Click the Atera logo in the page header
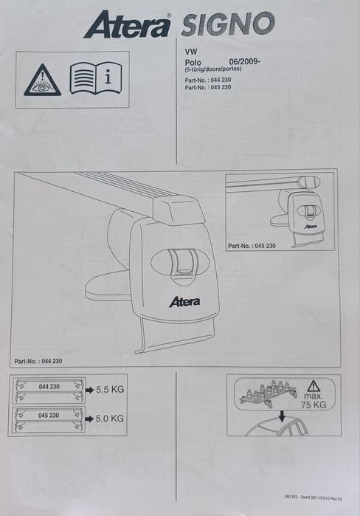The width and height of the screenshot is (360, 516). point(127,24)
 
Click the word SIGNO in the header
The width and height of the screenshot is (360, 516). point(228,24)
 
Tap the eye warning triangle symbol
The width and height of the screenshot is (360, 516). point(42,80)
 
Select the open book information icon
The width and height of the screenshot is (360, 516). point(96,78)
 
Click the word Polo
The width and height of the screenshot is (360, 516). point(193,62)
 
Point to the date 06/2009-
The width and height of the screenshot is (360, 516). point(245,61)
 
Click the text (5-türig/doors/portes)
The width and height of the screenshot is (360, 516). point(213,69)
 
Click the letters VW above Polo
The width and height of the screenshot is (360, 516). point(191,52)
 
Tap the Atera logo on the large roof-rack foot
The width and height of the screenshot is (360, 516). point(184,302)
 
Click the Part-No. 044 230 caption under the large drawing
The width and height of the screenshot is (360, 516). point(38,361)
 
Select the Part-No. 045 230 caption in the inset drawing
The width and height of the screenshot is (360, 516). point(252,246)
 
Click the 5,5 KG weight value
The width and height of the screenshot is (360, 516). point(110,390)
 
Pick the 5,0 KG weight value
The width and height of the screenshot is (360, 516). point(110,419)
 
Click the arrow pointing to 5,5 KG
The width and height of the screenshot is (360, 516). point(89,391)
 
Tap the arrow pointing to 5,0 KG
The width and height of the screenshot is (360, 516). point(89,419)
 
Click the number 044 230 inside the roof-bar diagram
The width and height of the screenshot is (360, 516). point(49,387)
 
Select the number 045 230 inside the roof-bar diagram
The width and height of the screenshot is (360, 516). point(49,416)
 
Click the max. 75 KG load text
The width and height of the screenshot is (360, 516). point(314,401)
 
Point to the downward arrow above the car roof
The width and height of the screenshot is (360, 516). point(282,416)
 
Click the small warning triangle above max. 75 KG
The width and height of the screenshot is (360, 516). point(314,385)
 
